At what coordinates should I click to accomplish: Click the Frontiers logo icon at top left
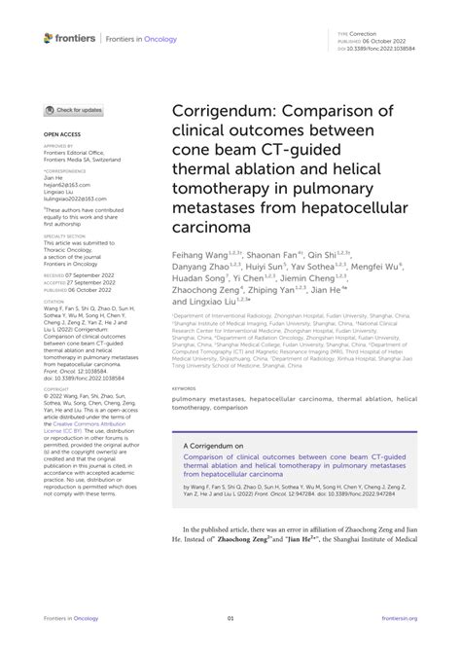[x=49, y=38]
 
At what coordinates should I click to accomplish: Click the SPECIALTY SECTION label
[x=65, y=235]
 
